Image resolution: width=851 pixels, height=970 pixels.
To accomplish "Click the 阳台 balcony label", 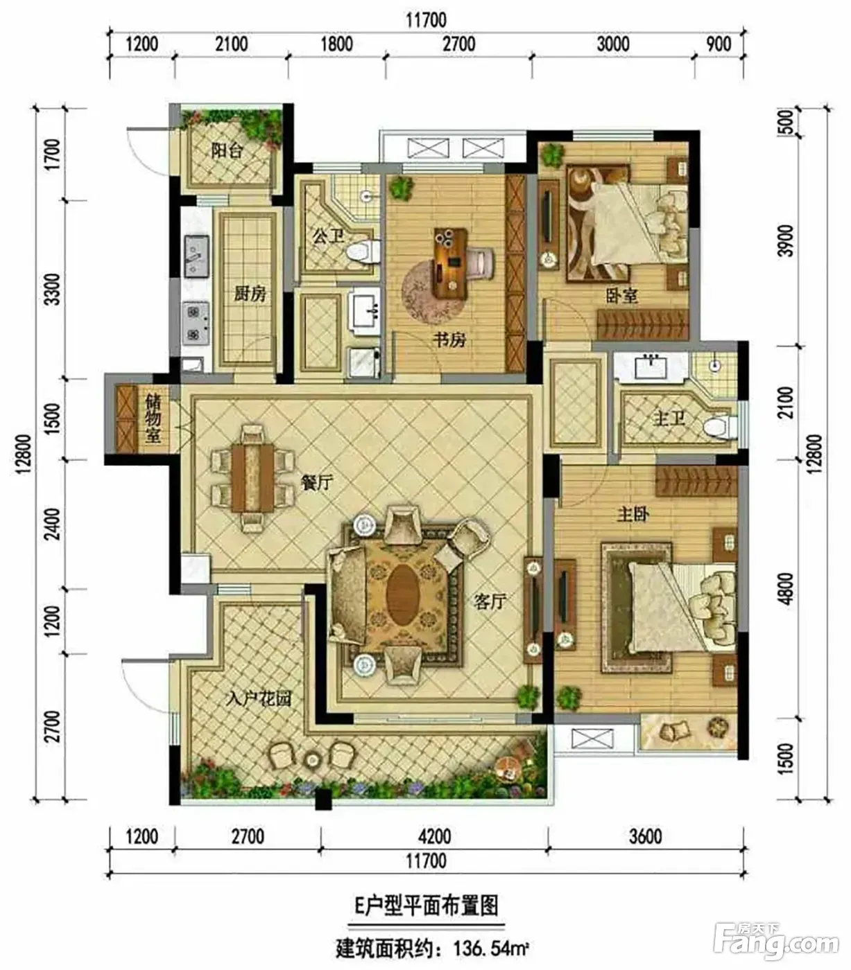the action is click(227, 151).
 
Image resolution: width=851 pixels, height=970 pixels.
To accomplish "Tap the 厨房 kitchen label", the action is click(250, 294).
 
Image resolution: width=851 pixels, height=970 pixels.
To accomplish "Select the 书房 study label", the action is click(449, 340).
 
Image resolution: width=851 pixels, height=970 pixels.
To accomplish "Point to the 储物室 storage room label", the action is click(153, 418).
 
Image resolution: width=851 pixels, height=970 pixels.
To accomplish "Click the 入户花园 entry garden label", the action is click(259, 699).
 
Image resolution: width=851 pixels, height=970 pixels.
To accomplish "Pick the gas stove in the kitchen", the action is click(196, 323).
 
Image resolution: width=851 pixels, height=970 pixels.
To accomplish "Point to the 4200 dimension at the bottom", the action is click(435, 836).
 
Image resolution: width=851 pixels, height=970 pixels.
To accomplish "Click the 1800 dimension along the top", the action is click(336, 44).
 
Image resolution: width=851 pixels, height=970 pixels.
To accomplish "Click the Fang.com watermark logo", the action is click(775, 942).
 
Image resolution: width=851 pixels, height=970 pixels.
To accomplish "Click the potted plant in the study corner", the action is click(401, 188).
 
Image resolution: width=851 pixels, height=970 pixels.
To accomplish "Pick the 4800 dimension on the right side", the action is click(786, 589).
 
